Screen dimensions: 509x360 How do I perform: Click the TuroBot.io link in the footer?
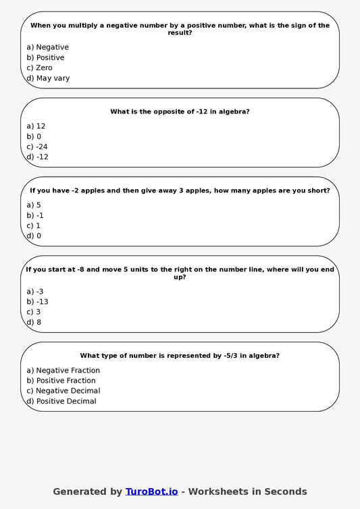click(151, 491)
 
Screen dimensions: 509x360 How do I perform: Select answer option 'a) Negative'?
click(47, 47)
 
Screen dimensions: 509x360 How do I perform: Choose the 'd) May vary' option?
click(48, 78)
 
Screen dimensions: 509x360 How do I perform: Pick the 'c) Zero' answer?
click(39, 68)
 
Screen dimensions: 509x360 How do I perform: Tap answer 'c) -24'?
click(37, 146)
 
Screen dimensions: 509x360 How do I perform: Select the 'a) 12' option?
click(36, 126)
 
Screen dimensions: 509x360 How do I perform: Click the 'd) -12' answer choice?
click(37, 157)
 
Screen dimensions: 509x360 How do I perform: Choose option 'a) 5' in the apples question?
click(34, 205)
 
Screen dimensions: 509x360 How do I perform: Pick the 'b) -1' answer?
click(35, 215)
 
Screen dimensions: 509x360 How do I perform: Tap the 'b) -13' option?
click(37, 302)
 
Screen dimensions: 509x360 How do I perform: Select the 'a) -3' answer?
click(35, 292)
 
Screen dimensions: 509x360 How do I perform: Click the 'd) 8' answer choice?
click(34, 323)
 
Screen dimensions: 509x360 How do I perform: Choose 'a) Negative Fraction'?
click(63, 371)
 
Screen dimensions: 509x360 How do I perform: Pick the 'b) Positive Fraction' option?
click(61, 381)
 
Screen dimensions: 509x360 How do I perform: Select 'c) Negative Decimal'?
click(63, 391)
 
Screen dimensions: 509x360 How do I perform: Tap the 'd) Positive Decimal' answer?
click(61, 402)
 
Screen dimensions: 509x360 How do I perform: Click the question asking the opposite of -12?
click(180, 112)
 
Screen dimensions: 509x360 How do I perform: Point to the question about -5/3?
click(180, 356)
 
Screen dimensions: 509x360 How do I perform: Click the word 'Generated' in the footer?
click(78, 491)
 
